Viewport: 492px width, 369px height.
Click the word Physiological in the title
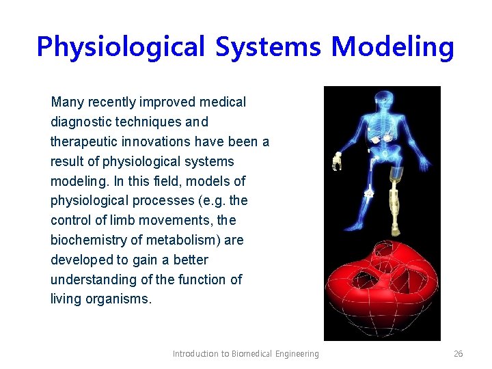click(x=120, y=47)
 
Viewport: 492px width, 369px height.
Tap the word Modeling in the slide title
click(x=393, y=47)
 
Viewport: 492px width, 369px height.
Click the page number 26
click(x=458, y=353)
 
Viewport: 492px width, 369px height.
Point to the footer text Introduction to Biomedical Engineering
click(x=245, y=353)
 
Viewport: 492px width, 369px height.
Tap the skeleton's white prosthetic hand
click(x=337, y=161)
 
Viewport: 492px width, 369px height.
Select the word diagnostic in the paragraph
click(x=80, y=122)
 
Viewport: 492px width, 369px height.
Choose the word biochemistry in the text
click(x=89, y=241)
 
